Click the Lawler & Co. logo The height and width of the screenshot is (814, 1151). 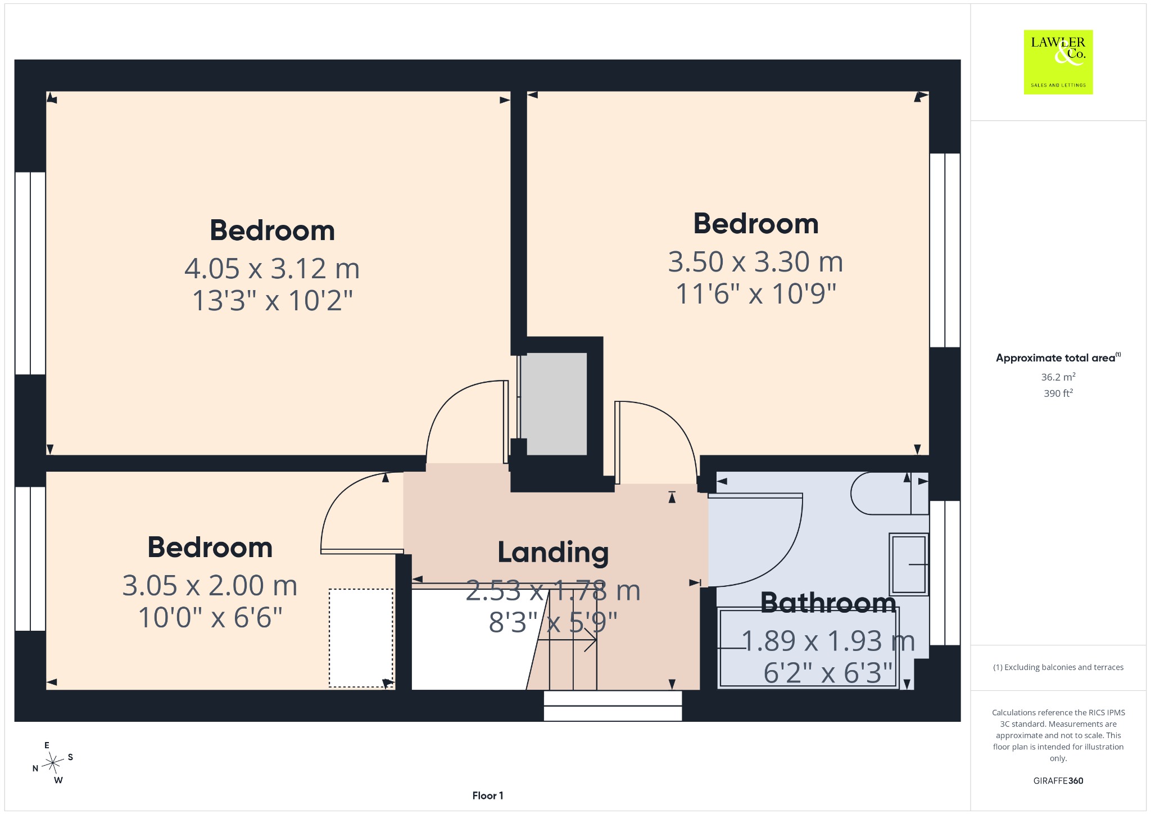(x=1058, y=62)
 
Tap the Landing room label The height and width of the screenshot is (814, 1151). (x=553, y=553)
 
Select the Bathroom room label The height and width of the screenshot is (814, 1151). (x=828, y=603)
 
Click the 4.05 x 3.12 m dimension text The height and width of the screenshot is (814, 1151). (x=272, y=269)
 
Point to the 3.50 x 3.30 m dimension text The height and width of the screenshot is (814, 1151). (x=755, y=262)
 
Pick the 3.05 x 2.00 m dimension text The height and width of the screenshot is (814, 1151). (x=210, y=586)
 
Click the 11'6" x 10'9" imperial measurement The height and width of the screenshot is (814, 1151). (x=755, y=294)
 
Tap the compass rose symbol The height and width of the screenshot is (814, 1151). (x=53, y=763)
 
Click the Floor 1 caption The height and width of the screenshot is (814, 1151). (x=488, y=795)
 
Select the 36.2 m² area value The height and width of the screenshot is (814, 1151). (x=1058, y=377)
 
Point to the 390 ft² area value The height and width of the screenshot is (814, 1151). (x=1058, y=393)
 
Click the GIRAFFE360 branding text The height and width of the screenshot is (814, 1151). (x=1058, y=780)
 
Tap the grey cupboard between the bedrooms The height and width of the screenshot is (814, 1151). (x=554, y=404)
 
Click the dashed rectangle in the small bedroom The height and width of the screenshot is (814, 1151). (x=361, y=637)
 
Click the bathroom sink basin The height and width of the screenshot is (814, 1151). (x=908, y=564)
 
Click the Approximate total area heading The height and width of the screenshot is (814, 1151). (x=1058, y=358)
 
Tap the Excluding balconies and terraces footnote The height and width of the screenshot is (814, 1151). (x=1058, y=667)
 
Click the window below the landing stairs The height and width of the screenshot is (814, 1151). (x=613, y=706)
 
